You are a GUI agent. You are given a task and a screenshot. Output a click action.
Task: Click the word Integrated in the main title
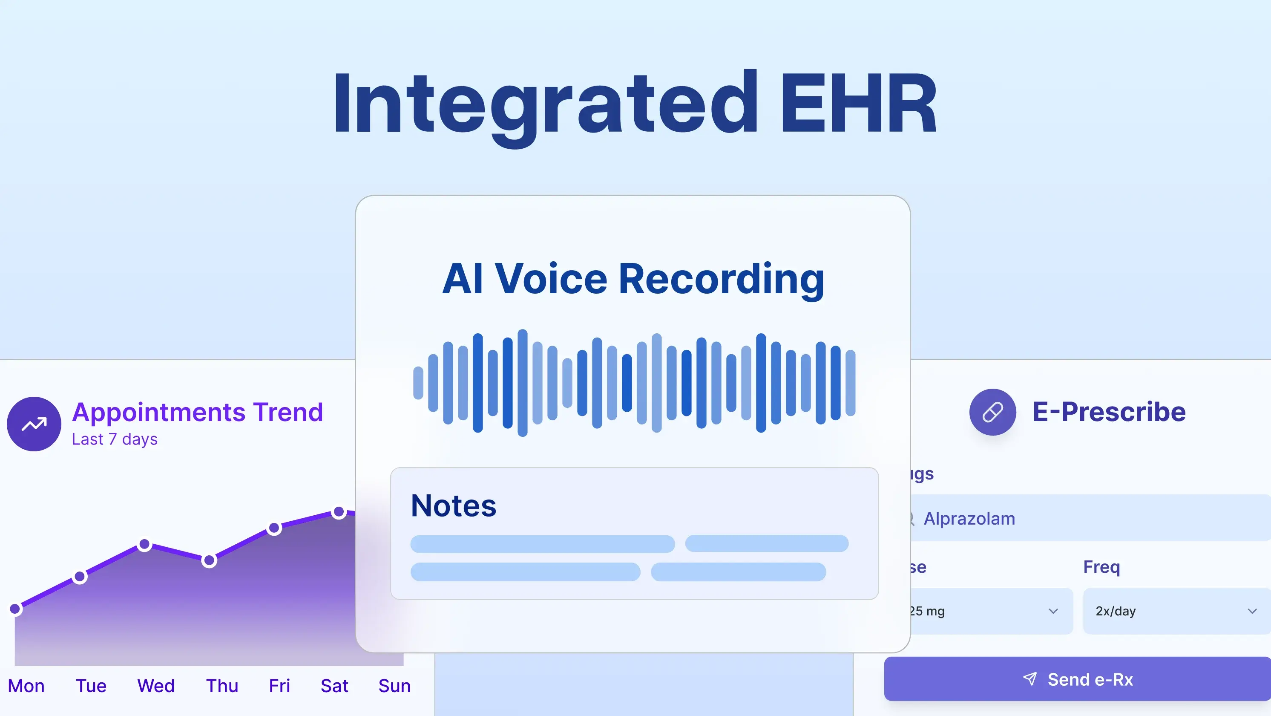(545, 104)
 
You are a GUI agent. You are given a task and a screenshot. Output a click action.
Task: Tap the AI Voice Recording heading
(633, 279)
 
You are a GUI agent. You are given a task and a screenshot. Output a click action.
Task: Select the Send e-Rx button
(1078, 679)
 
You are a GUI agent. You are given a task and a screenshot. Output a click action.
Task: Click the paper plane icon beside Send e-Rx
(1030, 678)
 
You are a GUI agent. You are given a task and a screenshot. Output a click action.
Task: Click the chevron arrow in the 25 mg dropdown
(1053, 611)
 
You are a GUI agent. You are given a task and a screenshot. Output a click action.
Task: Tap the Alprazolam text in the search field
(969, 519)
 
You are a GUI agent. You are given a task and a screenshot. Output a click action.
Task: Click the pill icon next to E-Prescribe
(992, 412)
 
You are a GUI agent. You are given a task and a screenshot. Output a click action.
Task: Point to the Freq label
(1101, 567)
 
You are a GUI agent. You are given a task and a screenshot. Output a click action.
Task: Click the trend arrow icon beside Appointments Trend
(34, 424)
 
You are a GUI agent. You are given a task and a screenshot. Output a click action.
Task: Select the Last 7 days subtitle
(115, 439)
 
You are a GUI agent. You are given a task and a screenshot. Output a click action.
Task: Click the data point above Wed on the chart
(144, 544)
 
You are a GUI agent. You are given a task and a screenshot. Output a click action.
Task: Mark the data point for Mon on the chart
(15, 609)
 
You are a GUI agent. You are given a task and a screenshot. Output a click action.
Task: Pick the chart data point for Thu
(209, 560)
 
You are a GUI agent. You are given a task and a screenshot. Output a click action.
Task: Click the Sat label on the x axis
(334, 686)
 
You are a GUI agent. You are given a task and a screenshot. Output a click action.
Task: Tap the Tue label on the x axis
(91, 686)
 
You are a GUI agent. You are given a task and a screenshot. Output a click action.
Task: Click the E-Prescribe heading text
(1109, 412)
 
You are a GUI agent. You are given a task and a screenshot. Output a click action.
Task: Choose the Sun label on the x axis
(394, 686)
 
